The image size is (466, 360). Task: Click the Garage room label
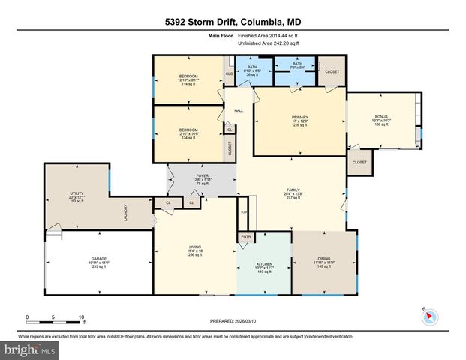(100, 262)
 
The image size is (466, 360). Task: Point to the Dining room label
(324, 262)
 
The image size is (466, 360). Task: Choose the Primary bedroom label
(299, 121)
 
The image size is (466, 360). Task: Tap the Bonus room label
(382, 121)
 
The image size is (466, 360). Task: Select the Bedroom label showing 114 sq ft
(188, 80)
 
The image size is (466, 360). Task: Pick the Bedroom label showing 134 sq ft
(188, 134)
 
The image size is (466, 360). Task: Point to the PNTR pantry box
(245, 237)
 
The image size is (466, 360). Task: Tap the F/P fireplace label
(244, 212)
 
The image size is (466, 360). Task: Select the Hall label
(239, 110)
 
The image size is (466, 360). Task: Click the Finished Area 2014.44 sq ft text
(269, 35)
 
